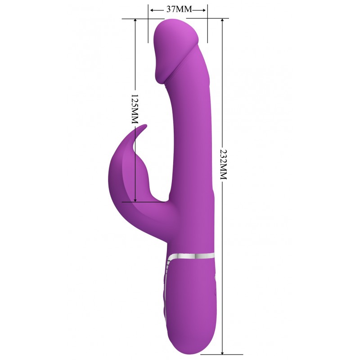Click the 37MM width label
pyautogui.click(x=179, y=9)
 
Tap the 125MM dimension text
pyautogui.click(x=135, y=109)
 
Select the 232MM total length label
pyautogui.click(x=223, y=164)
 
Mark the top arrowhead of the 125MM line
pyautogui.click(x=135, y=21)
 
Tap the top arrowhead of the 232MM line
pyautogui.click(x=222, y=21)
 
